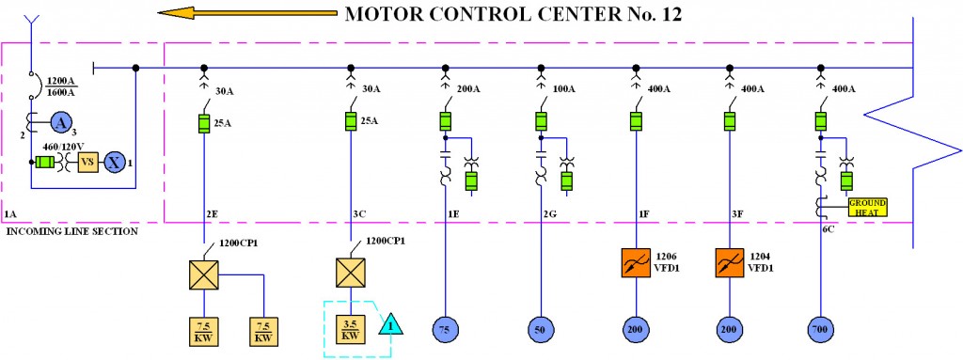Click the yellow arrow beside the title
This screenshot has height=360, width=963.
pos(246,13)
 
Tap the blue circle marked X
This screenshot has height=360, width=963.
pos(114,160)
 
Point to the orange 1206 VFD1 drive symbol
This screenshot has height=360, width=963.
pos(636,262)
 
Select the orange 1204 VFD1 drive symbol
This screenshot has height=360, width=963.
pos(730,262)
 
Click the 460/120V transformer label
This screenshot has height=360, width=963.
pos(61,147)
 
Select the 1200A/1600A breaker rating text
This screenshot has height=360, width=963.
pos(62,86)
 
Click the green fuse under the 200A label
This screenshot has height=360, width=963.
pos(446,120)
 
